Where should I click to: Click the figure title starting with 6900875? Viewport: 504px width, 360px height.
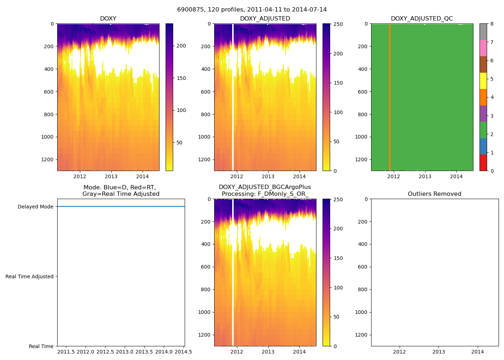point(252,10)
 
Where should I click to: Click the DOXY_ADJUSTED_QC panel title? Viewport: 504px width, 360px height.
point(422,19)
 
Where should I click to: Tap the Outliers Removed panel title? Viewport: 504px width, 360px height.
point(435,194)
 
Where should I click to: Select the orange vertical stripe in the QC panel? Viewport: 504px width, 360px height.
point(390,97)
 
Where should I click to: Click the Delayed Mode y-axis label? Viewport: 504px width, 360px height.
point(35,207)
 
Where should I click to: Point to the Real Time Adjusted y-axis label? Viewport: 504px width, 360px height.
point(30,276)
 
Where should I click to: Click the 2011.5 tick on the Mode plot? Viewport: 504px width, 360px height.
point(66,352)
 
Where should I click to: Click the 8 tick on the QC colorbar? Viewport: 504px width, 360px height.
point(492,24)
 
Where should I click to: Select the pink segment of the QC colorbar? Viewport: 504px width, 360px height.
point(483,48)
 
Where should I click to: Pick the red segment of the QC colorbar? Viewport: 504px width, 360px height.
point(483,162)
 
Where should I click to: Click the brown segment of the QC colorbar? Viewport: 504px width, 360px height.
point(483,64)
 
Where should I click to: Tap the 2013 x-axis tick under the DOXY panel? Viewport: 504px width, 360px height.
point(111,176)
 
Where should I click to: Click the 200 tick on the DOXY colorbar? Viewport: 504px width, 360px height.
point(181,46)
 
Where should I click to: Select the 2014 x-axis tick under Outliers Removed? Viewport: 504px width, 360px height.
point(478,352)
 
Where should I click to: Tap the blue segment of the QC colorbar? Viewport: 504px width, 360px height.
point(483,146)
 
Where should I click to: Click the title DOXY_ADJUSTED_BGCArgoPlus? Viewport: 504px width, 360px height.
point(265,187)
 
